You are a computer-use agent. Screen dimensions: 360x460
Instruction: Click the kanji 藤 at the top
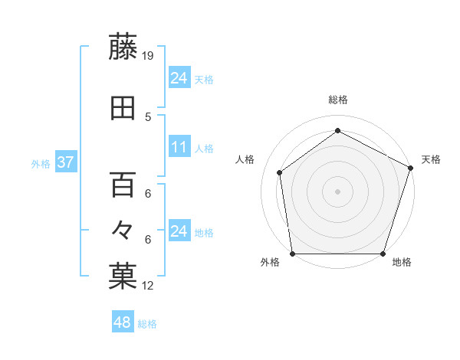coord(123,47)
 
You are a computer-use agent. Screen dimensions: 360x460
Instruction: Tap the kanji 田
coord(123,109)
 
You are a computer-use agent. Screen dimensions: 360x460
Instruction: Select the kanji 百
coord(123,185)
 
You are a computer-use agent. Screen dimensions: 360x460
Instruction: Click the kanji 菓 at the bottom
coord(123,277)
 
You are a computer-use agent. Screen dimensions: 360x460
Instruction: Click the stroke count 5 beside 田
coord(149,116)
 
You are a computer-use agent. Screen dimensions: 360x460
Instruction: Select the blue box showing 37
coord(65,162)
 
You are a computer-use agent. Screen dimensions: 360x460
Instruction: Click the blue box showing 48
coord(122,323)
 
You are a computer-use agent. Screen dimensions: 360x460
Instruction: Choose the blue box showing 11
coord(179,147)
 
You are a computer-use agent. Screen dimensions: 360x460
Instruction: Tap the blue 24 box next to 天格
coord(179,78)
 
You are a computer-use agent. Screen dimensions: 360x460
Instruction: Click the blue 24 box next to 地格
coord(179,231)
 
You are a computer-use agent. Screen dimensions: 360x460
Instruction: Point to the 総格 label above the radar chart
coord(337,100)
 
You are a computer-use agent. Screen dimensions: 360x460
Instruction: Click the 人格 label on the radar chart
coord(246,159)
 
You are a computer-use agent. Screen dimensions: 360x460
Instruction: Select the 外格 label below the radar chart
coord(270,263)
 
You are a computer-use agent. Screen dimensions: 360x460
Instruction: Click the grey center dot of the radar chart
coord(337,191)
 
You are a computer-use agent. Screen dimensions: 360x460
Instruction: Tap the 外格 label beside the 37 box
coord(41,163)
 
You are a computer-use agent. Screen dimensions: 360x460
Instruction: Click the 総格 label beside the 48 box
coord(147,324)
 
